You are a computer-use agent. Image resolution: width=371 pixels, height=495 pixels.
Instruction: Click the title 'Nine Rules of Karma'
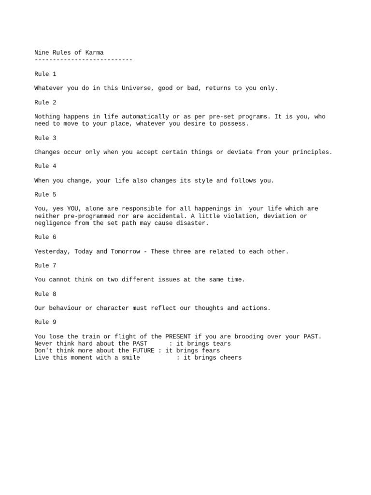(x=69, y=53)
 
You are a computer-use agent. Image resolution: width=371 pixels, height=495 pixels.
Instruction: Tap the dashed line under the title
(x=83, y=59)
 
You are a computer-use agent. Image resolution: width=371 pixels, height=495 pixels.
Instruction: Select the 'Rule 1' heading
(x=45, y=74)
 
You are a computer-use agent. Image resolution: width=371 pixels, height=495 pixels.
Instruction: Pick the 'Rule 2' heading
(x=45, y=102)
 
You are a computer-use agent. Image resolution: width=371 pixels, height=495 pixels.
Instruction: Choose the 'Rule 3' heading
(x=45, y=138)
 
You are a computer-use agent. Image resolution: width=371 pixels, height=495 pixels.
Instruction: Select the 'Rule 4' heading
(x=45, y=166)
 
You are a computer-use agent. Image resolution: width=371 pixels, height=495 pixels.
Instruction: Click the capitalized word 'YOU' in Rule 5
(x=72, y=209)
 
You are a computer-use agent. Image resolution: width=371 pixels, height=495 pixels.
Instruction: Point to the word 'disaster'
(x=192, y=223)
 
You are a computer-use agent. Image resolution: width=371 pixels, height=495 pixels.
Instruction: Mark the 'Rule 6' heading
(x=45, y=237)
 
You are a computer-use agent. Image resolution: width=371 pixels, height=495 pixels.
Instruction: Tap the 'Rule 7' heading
(x=45, y=265)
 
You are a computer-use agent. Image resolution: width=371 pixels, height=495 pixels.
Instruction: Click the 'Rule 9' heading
(x=45, y=322)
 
